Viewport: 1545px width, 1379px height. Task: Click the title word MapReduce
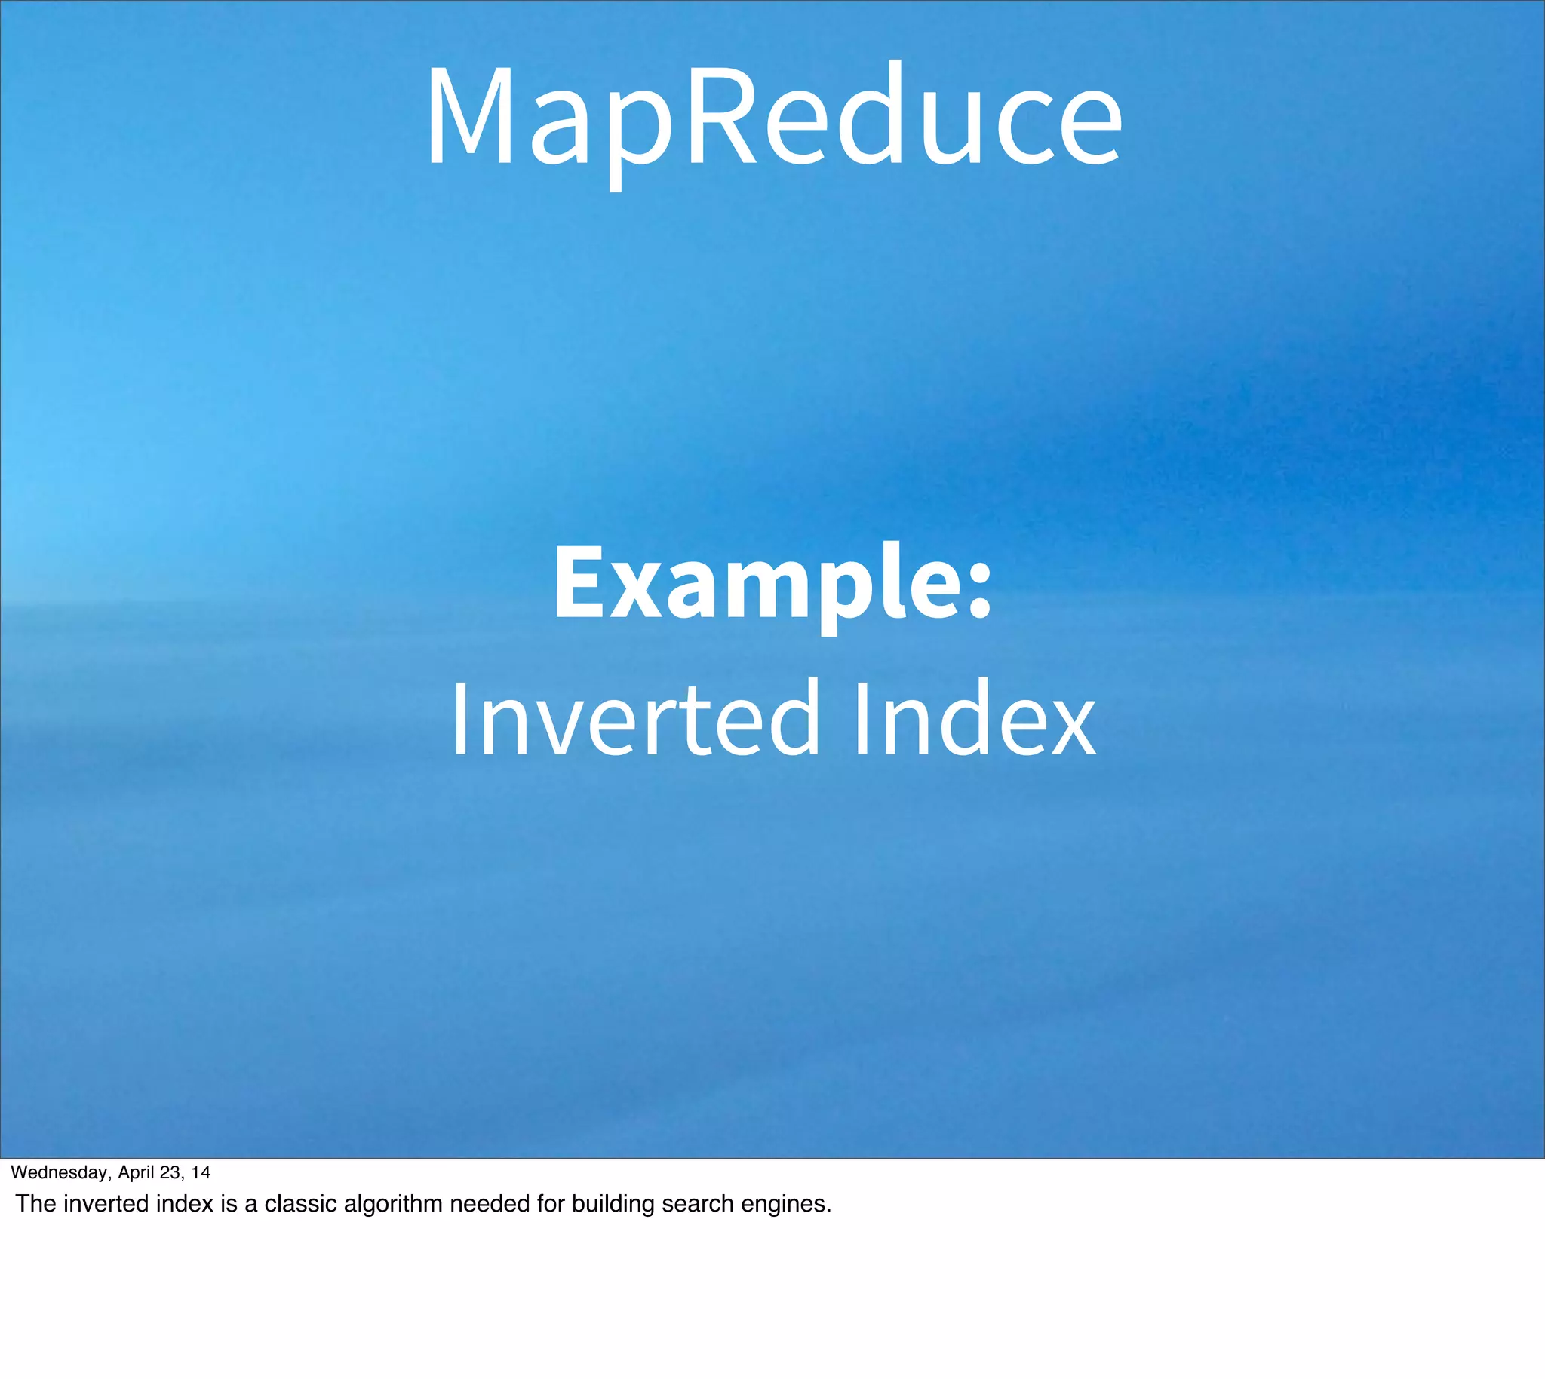coord(773,118)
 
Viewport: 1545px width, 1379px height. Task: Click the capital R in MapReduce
coord(720,118)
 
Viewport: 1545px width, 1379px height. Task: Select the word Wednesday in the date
coord(60,1173)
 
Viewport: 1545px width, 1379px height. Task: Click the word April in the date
coord(137,1173)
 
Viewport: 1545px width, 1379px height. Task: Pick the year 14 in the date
coord(201,1173)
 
